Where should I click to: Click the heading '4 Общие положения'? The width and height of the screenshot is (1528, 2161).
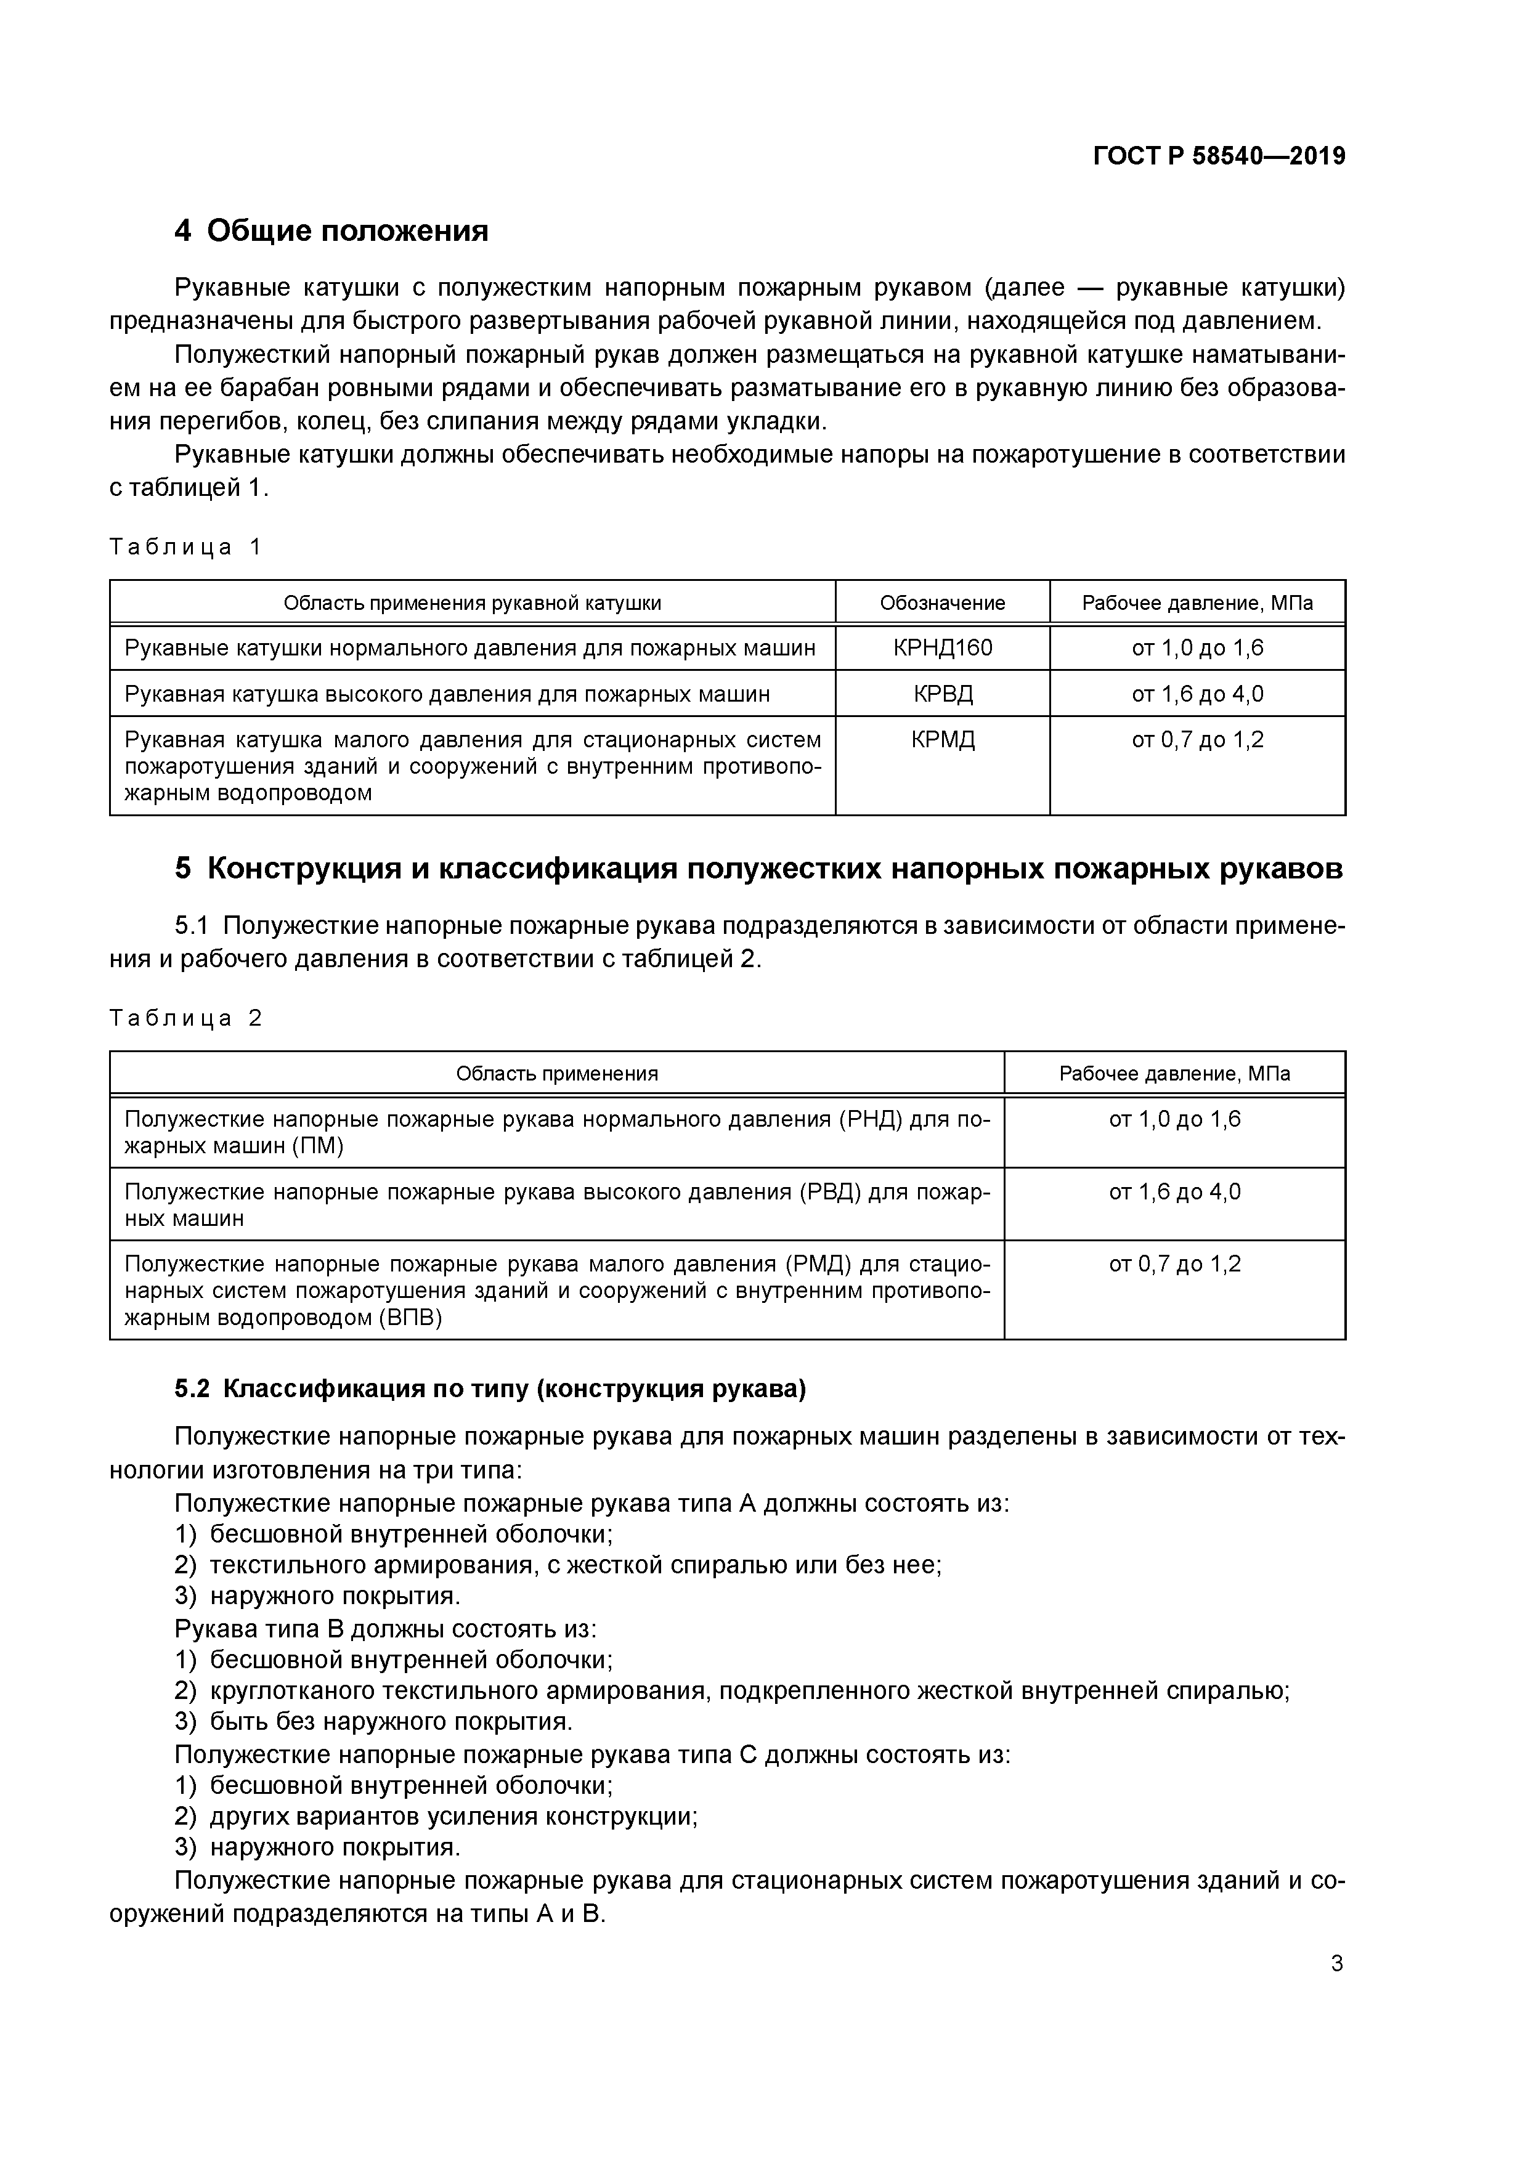(331, 230)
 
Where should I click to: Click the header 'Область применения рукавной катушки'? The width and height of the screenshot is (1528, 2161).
(472, 602)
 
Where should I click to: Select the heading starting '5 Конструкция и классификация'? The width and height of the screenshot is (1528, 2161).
(758, 868)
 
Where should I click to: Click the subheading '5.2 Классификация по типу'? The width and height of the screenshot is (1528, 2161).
(490, 1389)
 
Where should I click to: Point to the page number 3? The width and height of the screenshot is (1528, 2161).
(1336, 1964)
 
